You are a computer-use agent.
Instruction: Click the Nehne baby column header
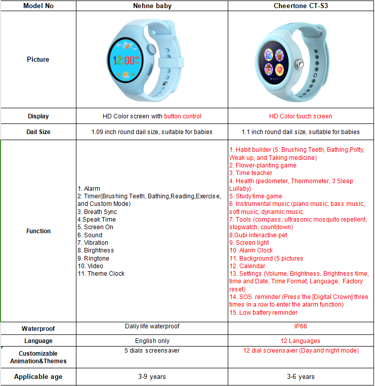152,6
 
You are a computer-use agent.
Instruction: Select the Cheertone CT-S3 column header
301,6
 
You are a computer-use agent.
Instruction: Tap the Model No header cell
38,6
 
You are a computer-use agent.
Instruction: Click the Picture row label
38,60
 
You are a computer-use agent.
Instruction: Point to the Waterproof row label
38,328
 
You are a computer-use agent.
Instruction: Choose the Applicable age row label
38,376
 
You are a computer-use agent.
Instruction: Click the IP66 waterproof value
301,327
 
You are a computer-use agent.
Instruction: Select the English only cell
152,341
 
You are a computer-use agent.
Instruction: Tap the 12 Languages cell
301,341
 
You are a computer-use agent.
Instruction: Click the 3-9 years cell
152,377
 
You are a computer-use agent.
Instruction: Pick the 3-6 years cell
301,377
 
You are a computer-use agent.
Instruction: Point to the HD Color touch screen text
301,116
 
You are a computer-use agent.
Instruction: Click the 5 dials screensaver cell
152,351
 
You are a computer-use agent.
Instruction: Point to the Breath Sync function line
100,212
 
